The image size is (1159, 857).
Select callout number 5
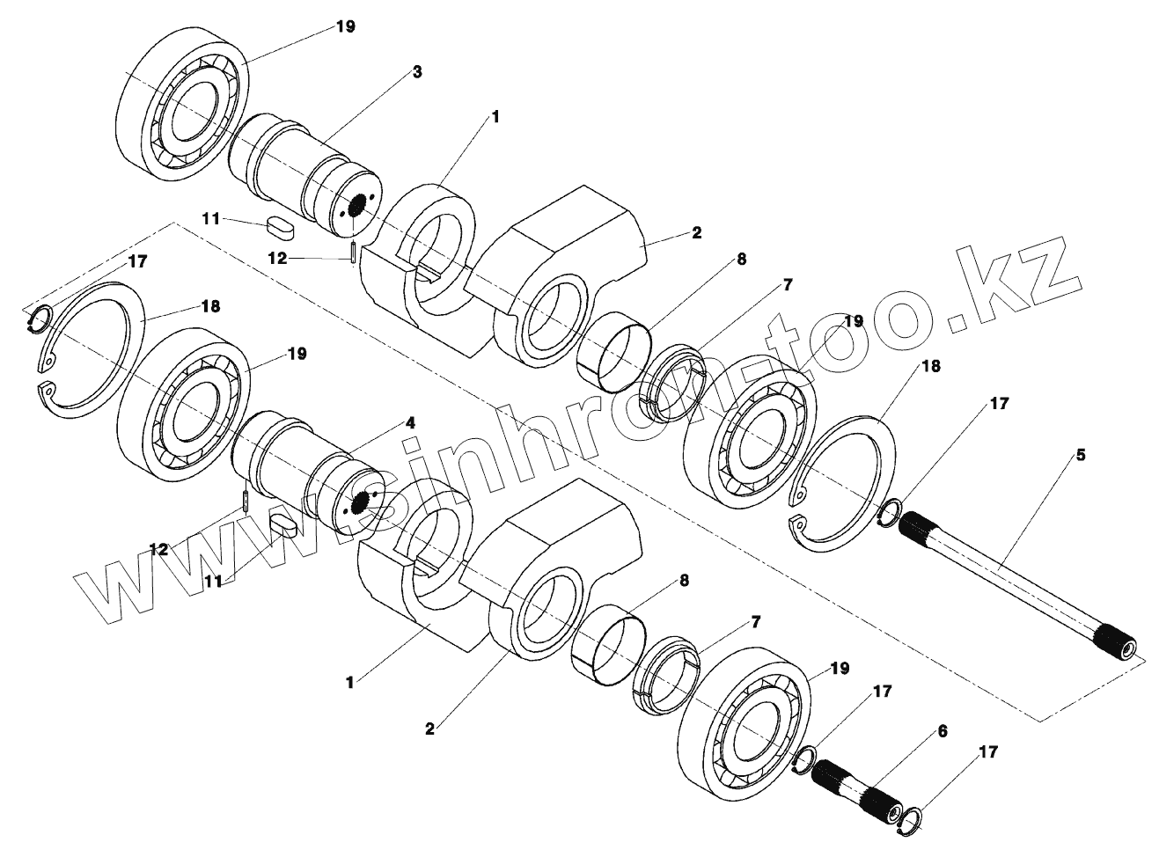[1081, 455]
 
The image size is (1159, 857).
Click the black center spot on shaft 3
[357, 208]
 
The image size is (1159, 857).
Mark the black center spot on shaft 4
[358, 502]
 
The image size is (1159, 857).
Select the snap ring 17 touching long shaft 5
[890, 514]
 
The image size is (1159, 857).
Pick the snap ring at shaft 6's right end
[910, 818]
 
